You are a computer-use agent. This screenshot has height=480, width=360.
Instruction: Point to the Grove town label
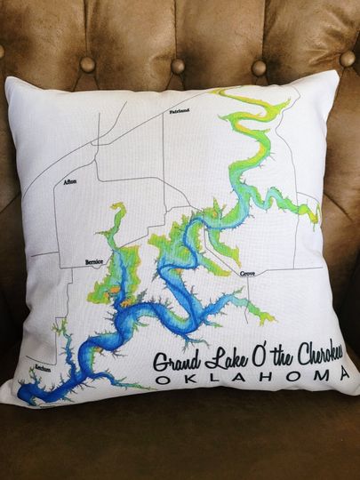coord(248,276)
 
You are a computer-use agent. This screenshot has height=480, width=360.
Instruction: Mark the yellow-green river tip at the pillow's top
coord(219,92)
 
